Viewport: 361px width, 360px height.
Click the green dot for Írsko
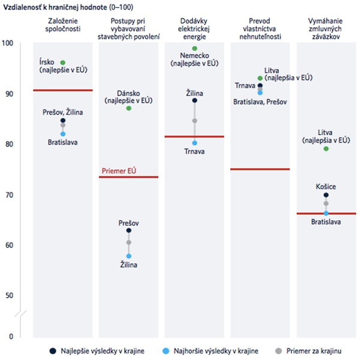[63, 62]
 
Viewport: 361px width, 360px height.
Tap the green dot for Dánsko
[129, 108]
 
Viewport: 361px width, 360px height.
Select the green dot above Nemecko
[194, 49]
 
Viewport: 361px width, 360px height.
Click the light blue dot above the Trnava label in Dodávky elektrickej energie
[194, 143]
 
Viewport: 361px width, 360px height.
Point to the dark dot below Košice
[326, 195]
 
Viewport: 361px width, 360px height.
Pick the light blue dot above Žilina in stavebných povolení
[129, 256]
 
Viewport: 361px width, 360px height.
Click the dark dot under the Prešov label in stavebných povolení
[129, 230]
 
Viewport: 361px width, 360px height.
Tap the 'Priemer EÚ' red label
[119, 171]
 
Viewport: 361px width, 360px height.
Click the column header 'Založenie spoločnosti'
[62, 24]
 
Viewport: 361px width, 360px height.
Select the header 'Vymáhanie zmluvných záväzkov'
[326, 28]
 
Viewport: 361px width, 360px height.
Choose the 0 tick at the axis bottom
[11, 336]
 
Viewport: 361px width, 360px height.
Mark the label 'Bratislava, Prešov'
[260, 101]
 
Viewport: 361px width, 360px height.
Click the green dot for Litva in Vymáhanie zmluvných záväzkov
[326, 149]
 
